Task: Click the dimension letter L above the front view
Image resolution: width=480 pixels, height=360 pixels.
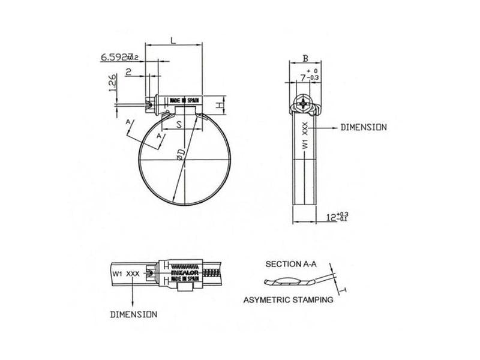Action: [173, 40]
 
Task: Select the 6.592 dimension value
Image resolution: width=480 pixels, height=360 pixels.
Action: [116, 57]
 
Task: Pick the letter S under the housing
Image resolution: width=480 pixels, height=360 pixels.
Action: [179, 126]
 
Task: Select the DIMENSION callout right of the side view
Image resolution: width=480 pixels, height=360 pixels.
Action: [363, 128]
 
